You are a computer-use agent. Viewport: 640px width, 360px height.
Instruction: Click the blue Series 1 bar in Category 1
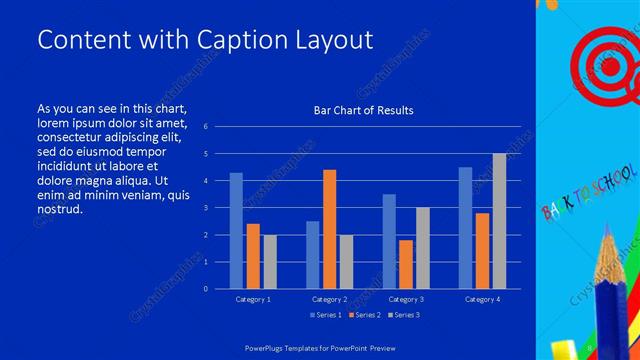pos(236,231)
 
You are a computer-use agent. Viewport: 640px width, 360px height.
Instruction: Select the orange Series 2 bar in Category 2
pos(330,229)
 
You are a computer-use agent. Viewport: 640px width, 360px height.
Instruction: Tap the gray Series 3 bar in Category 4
pos(499,221)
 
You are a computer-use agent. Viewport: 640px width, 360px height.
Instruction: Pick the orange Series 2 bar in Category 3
pos(406,264)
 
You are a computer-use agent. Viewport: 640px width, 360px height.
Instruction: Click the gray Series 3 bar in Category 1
pos(270,262)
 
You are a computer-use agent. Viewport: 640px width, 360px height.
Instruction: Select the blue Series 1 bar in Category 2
pos(313,255)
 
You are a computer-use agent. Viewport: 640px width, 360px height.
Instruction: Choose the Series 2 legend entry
pos(364,315)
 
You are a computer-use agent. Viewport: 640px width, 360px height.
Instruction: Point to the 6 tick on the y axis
pos(205,127)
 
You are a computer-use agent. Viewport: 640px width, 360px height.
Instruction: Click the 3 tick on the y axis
pos(205,208)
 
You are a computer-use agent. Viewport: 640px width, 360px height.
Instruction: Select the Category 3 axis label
pos(406,298)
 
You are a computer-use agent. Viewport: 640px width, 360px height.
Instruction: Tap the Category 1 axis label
pos(253,298)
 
